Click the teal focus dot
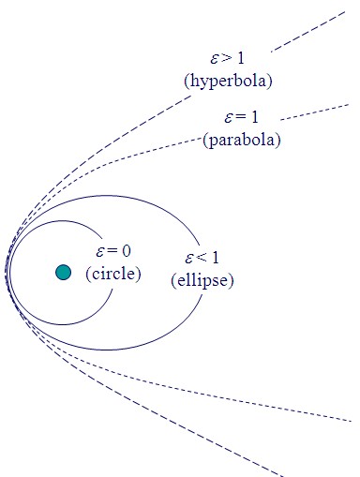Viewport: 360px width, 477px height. [x=63, y=273]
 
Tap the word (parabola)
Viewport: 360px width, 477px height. [x=242, y=140]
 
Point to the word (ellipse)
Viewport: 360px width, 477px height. [x=202, y=280]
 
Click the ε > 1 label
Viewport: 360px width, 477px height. [x=228, y=57]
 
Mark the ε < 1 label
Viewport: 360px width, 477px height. [x=202, y=259]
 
